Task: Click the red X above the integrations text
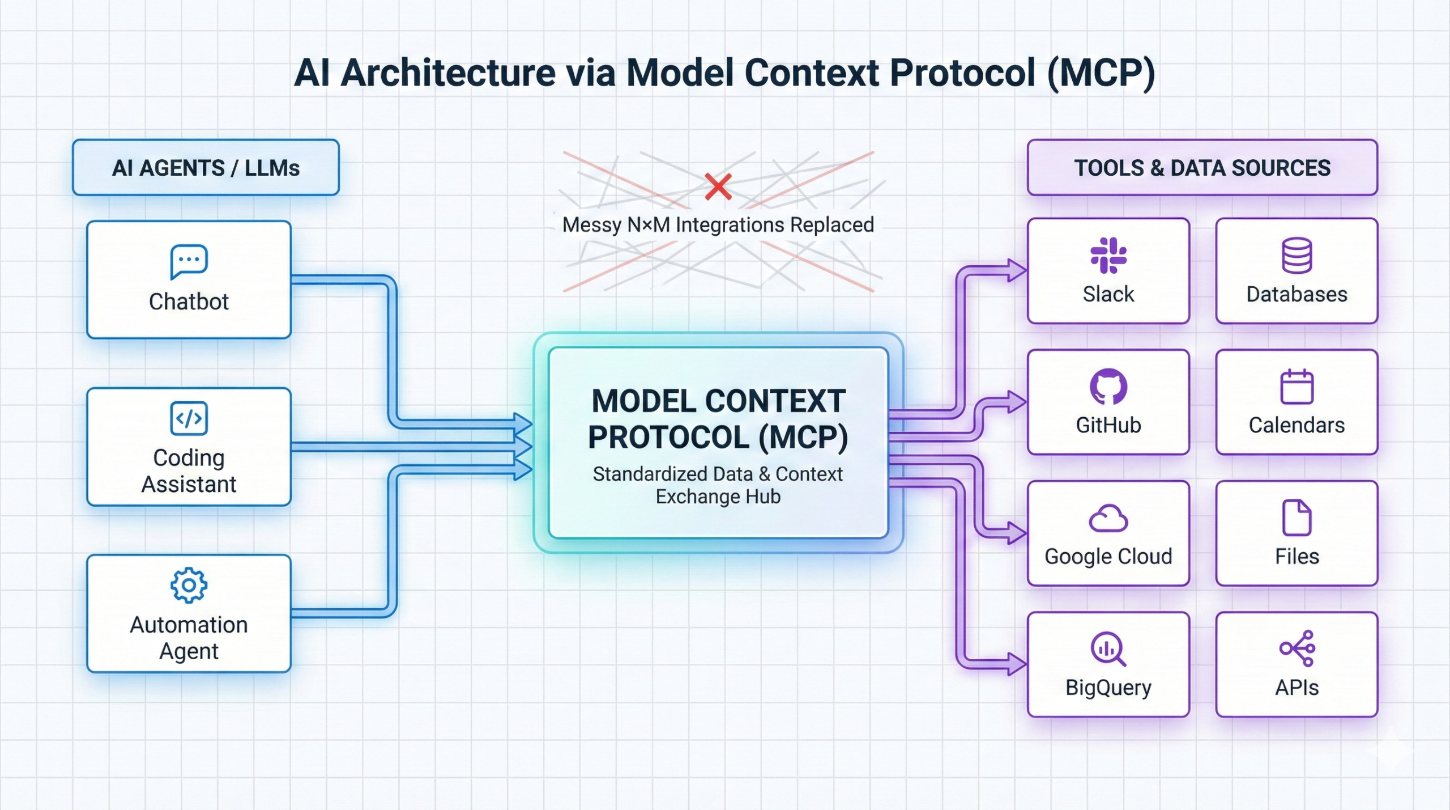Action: [x=718, y=187]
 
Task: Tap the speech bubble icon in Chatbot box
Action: [x=189, y=261]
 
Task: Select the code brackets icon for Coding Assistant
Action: [x=189, y=418]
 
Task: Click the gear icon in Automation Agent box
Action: [x=189, y=585]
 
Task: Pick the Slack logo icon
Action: [x=1108, y=255]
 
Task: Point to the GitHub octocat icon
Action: [x=1108, y=387]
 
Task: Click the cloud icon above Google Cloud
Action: [x=1108, y=518]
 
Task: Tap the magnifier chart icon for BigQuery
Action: [x=1108, y=648]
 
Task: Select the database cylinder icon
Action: [x=1297, y=255]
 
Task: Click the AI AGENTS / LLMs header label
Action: [x=206, y=168]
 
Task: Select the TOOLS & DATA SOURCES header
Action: [x=1202, y=168]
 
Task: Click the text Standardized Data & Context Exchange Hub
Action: [x=718, y=485]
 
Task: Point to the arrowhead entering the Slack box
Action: [x=1017, y=270]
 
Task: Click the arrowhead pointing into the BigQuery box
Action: [x=1017, y=664]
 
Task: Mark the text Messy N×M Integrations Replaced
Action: [x=718, y=225]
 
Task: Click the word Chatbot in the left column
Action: [x=189, y=302]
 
